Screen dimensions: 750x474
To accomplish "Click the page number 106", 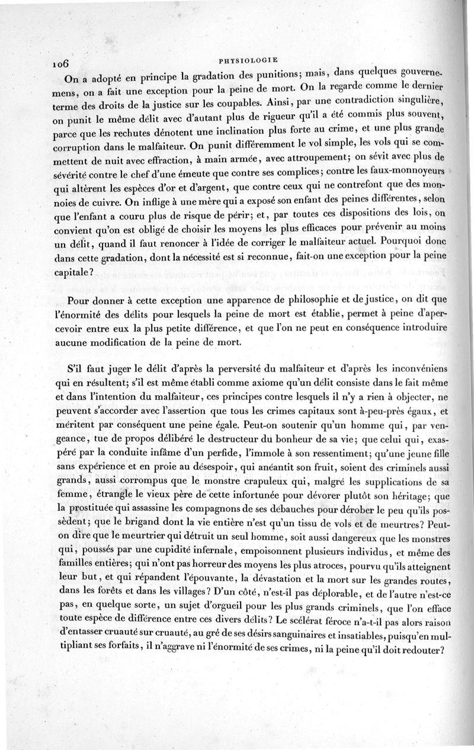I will pyautogui.click(x=61, y=64).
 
